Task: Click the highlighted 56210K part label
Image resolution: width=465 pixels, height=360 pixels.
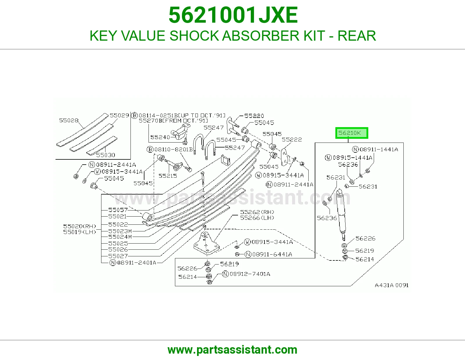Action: click(352, 133)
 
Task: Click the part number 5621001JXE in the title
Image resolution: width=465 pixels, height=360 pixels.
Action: click(233, 15)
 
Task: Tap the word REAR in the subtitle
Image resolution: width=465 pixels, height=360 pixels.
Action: click(357, 36)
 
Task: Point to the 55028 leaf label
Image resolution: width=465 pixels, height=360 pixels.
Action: click(69, 120)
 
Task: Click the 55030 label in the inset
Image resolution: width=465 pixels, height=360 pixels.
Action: click(105, 155)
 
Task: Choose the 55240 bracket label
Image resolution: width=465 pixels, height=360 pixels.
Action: click(160, 137)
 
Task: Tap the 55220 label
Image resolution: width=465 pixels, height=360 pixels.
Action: click(254, 116)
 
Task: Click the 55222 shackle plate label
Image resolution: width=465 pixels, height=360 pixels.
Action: click(292, 140)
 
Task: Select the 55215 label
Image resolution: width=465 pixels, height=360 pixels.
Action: click(168, 176)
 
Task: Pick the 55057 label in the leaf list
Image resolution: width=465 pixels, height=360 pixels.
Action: click(118, 210)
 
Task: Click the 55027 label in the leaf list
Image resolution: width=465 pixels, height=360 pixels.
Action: click(118, 256)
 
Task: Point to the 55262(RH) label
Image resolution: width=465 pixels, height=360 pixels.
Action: click(257, 212)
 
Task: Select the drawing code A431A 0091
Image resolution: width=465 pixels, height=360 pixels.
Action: click(391, 285)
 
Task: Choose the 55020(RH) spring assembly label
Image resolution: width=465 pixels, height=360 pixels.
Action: click(80, 226)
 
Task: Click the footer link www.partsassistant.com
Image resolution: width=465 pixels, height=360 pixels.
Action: click(233, 350)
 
